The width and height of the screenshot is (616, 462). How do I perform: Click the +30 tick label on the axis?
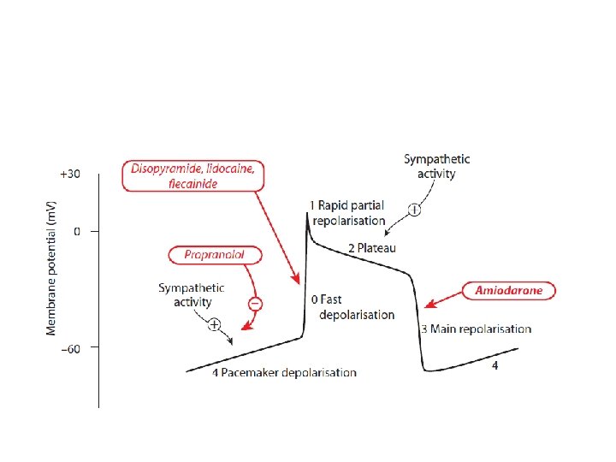[x=69, y=174]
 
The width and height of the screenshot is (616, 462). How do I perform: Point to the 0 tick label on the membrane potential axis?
[x=76, y=231]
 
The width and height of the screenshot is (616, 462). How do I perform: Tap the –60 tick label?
[x=69, y=348]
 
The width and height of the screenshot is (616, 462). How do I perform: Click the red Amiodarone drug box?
[x=509, y=291]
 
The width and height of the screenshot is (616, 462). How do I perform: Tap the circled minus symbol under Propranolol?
[x=255, y=304]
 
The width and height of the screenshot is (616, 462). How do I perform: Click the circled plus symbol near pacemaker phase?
[x=214, y=324]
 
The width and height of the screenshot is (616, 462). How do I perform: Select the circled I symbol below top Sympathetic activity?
[x=414, y=210]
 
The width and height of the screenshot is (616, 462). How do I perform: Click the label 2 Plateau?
[x=372, y=248]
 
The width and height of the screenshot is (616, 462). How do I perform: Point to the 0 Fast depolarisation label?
[x=352, y=307]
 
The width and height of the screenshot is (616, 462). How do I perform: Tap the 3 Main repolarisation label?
[x=475, y=329]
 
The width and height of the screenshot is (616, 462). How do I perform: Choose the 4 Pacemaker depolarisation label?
[x=284, y=372]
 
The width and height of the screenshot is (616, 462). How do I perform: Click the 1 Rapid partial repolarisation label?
[x=348, y=212]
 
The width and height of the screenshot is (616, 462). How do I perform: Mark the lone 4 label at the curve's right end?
[x=495, y=366]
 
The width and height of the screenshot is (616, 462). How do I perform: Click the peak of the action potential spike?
[x=306, y=215]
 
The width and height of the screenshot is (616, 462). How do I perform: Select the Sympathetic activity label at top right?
[x=436, y=166]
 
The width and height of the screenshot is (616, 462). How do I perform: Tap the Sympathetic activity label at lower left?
[x=191, y=294]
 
